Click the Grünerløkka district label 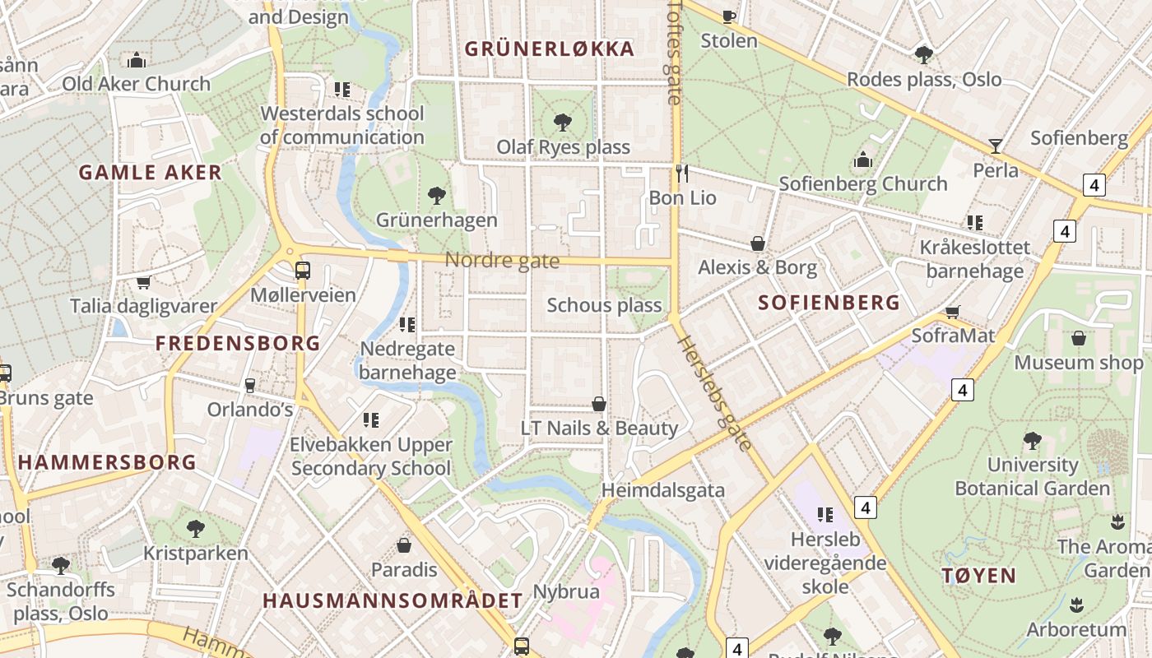[x=550, y=49]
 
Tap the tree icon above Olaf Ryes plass [x=563, y=123]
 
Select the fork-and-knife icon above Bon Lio [x=681, y=173]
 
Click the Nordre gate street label [x=502, y=261]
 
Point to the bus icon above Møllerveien [x=303, y=270]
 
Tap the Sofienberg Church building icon [x=863, y=160]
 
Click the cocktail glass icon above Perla [x=996, y=146]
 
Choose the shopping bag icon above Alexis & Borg [x=758, y=243]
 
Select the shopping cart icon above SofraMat [x=953, y=312]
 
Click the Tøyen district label [x=979, y=575]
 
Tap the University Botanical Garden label [x=1032, y=476]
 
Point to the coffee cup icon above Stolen [x=728, y=16]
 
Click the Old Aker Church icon [x=137, y=60]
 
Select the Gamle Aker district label [x=151, y=172]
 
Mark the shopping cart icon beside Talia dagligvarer [x=143, y=282]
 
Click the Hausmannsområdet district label [x=393, y=600]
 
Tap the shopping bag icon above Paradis [x=404, y=544]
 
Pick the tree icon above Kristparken [x=195, y=528]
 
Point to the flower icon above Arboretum [x=1075, y=607]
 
